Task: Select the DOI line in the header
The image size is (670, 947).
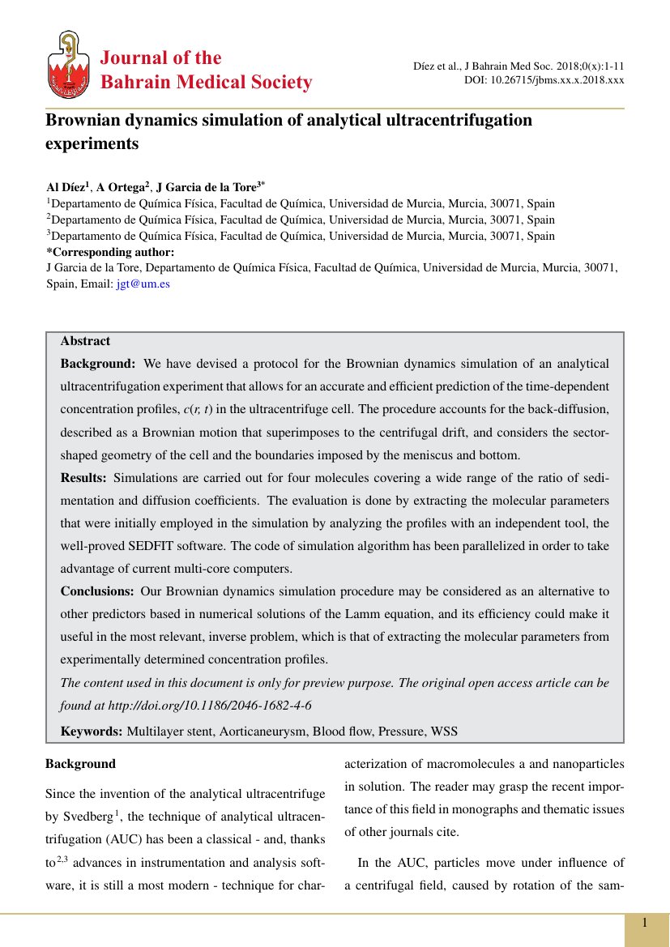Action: (543, 80)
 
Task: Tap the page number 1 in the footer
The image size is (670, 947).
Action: (645, 924)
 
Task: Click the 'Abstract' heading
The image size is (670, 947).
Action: (85, 341)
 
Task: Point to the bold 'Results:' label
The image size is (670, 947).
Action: (83, 478)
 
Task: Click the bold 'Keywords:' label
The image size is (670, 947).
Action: (92, 732)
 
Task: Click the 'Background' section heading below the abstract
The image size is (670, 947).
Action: (80, 764)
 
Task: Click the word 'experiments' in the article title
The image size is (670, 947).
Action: (92, 144)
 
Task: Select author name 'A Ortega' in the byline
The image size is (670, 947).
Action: (121, 186)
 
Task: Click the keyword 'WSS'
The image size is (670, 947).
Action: (444, 732)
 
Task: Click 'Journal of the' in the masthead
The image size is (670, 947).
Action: (160, 58)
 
